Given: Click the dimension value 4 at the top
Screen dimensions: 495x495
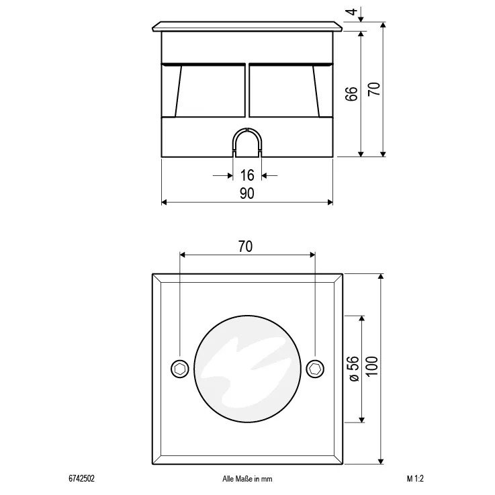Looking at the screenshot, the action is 352,12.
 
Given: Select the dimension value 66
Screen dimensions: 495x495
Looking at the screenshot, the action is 351,94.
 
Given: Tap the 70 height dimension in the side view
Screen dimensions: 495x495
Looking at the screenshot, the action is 374,89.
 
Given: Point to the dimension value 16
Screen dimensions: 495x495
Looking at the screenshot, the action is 247,175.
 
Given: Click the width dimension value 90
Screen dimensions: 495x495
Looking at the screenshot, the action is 247,193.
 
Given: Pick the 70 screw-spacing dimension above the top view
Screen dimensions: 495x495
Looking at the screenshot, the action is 245,246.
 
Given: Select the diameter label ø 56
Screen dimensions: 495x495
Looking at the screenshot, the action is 354,369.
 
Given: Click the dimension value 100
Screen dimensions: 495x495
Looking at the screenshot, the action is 372,366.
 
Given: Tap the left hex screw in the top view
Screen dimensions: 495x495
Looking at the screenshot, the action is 180,369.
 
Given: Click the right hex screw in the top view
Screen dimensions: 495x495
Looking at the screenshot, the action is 316,369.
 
